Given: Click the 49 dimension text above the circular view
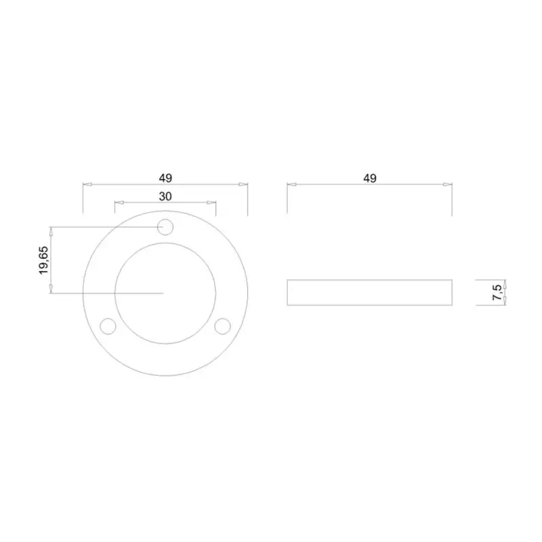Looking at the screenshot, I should click(166, 178).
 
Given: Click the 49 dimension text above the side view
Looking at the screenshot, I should click(369, 178).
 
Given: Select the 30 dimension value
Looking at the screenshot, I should click(165, 196).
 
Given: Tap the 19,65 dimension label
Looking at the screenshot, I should click(43, 260).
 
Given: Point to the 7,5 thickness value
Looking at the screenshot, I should click(498, 293).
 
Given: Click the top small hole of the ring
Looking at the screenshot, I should click(165, 227).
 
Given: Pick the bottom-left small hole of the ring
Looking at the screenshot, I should click(108, 327).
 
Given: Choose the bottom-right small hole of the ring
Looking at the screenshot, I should click(222, 327).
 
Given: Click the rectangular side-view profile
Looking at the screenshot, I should click(369, 293).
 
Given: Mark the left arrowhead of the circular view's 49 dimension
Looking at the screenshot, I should click(86, 184).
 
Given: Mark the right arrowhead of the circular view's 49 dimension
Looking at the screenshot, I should click(245, 184).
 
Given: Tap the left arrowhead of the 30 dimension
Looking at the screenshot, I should click(118, 202).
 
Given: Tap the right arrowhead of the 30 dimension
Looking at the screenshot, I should click(213, 202).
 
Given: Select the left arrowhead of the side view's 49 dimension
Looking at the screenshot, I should click(291, 184).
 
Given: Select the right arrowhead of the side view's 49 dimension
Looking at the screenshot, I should click(448, 184).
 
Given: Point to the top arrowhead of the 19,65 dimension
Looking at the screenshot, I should click(51, 230).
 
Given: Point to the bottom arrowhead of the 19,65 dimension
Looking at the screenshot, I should click(51, 290).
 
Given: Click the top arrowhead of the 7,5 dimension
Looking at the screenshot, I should click(505, 283).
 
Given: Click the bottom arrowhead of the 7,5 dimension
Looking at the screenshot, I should click(505, 303).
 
